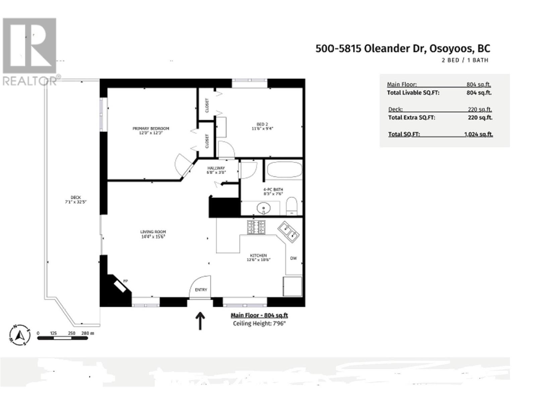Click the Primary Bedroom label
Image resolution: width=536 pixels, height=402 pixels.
tap(151, 128)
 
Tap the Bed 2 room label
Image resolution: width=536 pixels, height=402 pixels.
tap(262, 124)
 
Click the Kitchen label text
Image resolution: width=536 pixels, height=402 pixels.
tap(258, 255)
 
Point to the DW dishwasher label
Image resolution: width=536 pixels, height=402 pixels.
tap(293, 258)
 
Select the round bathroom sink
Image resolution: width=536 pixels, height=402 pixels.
tap(264, 209)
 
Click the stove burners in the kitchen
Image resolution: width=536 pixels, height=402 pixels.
tap(256, 227)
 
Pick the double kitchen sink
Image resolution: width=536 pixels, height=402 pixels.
tap(288, 231)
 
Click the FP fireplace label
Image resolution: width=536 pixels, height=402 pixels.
tap(126, 281)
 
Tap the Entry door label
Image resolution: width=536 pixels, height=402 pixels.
tap(201, 290)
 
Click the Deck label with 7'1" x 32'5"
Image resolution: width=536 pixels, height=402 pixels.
tap(76, 200)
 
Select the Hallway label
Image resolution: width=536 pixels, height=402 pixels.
tap(216, 168)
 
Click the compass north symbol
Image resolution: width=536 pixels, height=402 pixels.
tap(19, 335)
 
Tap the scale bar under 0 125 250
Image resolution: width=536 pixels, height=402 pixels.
tap(62, 338)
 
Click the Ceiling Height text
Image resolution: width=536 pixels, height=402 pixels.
tap(259, 323)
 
